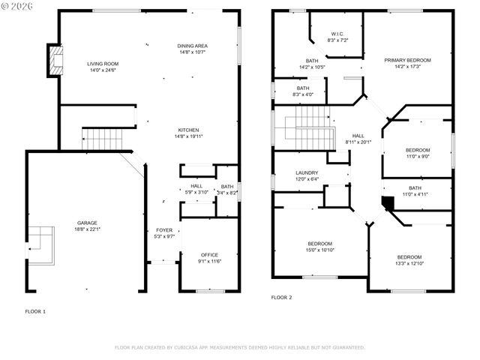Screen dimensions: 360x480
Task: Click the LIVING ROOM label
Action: (x=103, y=64)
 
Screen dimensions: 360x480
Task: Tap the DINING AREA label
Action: (x=193, y=46)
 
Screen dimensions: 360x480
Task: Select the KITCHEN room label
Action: (x=188, y=130)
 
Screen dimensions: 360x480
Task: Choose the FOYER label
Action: (x=164, y=229)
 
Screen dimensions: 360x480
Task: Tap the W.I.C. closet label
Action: (x=337, y=33)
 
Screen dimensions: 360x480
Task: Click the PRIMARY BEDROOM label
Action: (x=407, y=60)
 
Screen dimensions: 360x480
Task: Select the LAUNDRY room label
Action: (x=307, y=172)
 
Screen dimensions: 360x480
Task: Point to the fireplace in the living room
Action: (x=55, y=61)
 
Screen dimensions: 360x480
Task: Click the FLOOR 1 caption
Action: (x=35, y=310)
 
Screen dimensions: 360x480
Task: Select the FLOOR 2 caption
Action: (x=281, y=297)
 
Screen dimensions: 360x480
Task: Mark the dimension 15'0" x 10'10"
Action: (x=320, y=250)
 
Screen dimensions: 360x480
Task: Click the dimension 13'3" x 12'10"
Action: (x=409, y=263)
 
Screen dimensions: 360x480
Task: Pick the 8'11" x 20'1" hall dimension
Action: (x=358, y=142)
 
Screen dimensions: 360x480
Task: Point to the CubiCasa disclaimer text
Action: (x=239, y=347)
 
